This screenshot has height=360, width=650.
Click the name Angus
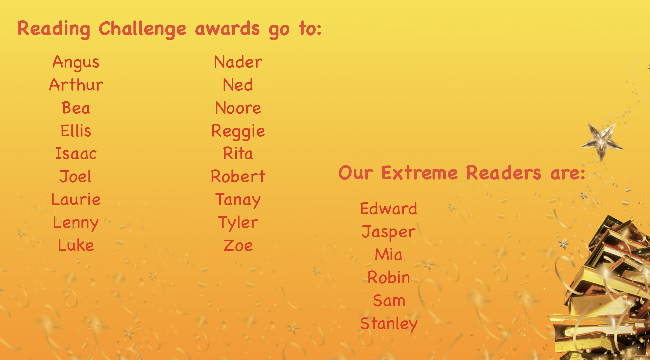(x=76, y=62)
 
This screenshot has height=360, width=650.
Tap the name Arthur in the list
(x=76, y=85)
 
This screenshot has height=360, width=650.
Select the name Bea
(x=76, y=108)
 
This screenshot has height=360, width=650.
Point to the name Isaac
(x=76, y=153)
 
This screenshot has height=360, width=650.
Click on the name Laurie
(x=76, y=199)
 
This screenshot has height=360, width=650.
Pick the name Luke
(x=76, y=245)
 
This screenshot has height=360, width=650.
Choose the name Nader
(x=238, y=62)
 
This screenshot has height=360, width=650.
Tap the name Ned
(x=238, y=85)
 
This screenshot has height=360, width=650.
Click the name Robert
(x=238, y=176)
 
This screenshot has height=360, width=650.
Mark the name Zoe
(x=238, y=246)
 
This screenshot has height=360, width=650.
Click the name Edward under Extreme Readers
(x=389, y=209)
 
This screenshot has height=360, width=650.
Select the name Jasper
(x=389, y=232)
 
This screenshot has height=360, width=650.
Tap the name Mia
(x=389, y=255)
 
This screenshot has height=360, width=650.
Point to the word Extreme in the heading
(x=419, y=173)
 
